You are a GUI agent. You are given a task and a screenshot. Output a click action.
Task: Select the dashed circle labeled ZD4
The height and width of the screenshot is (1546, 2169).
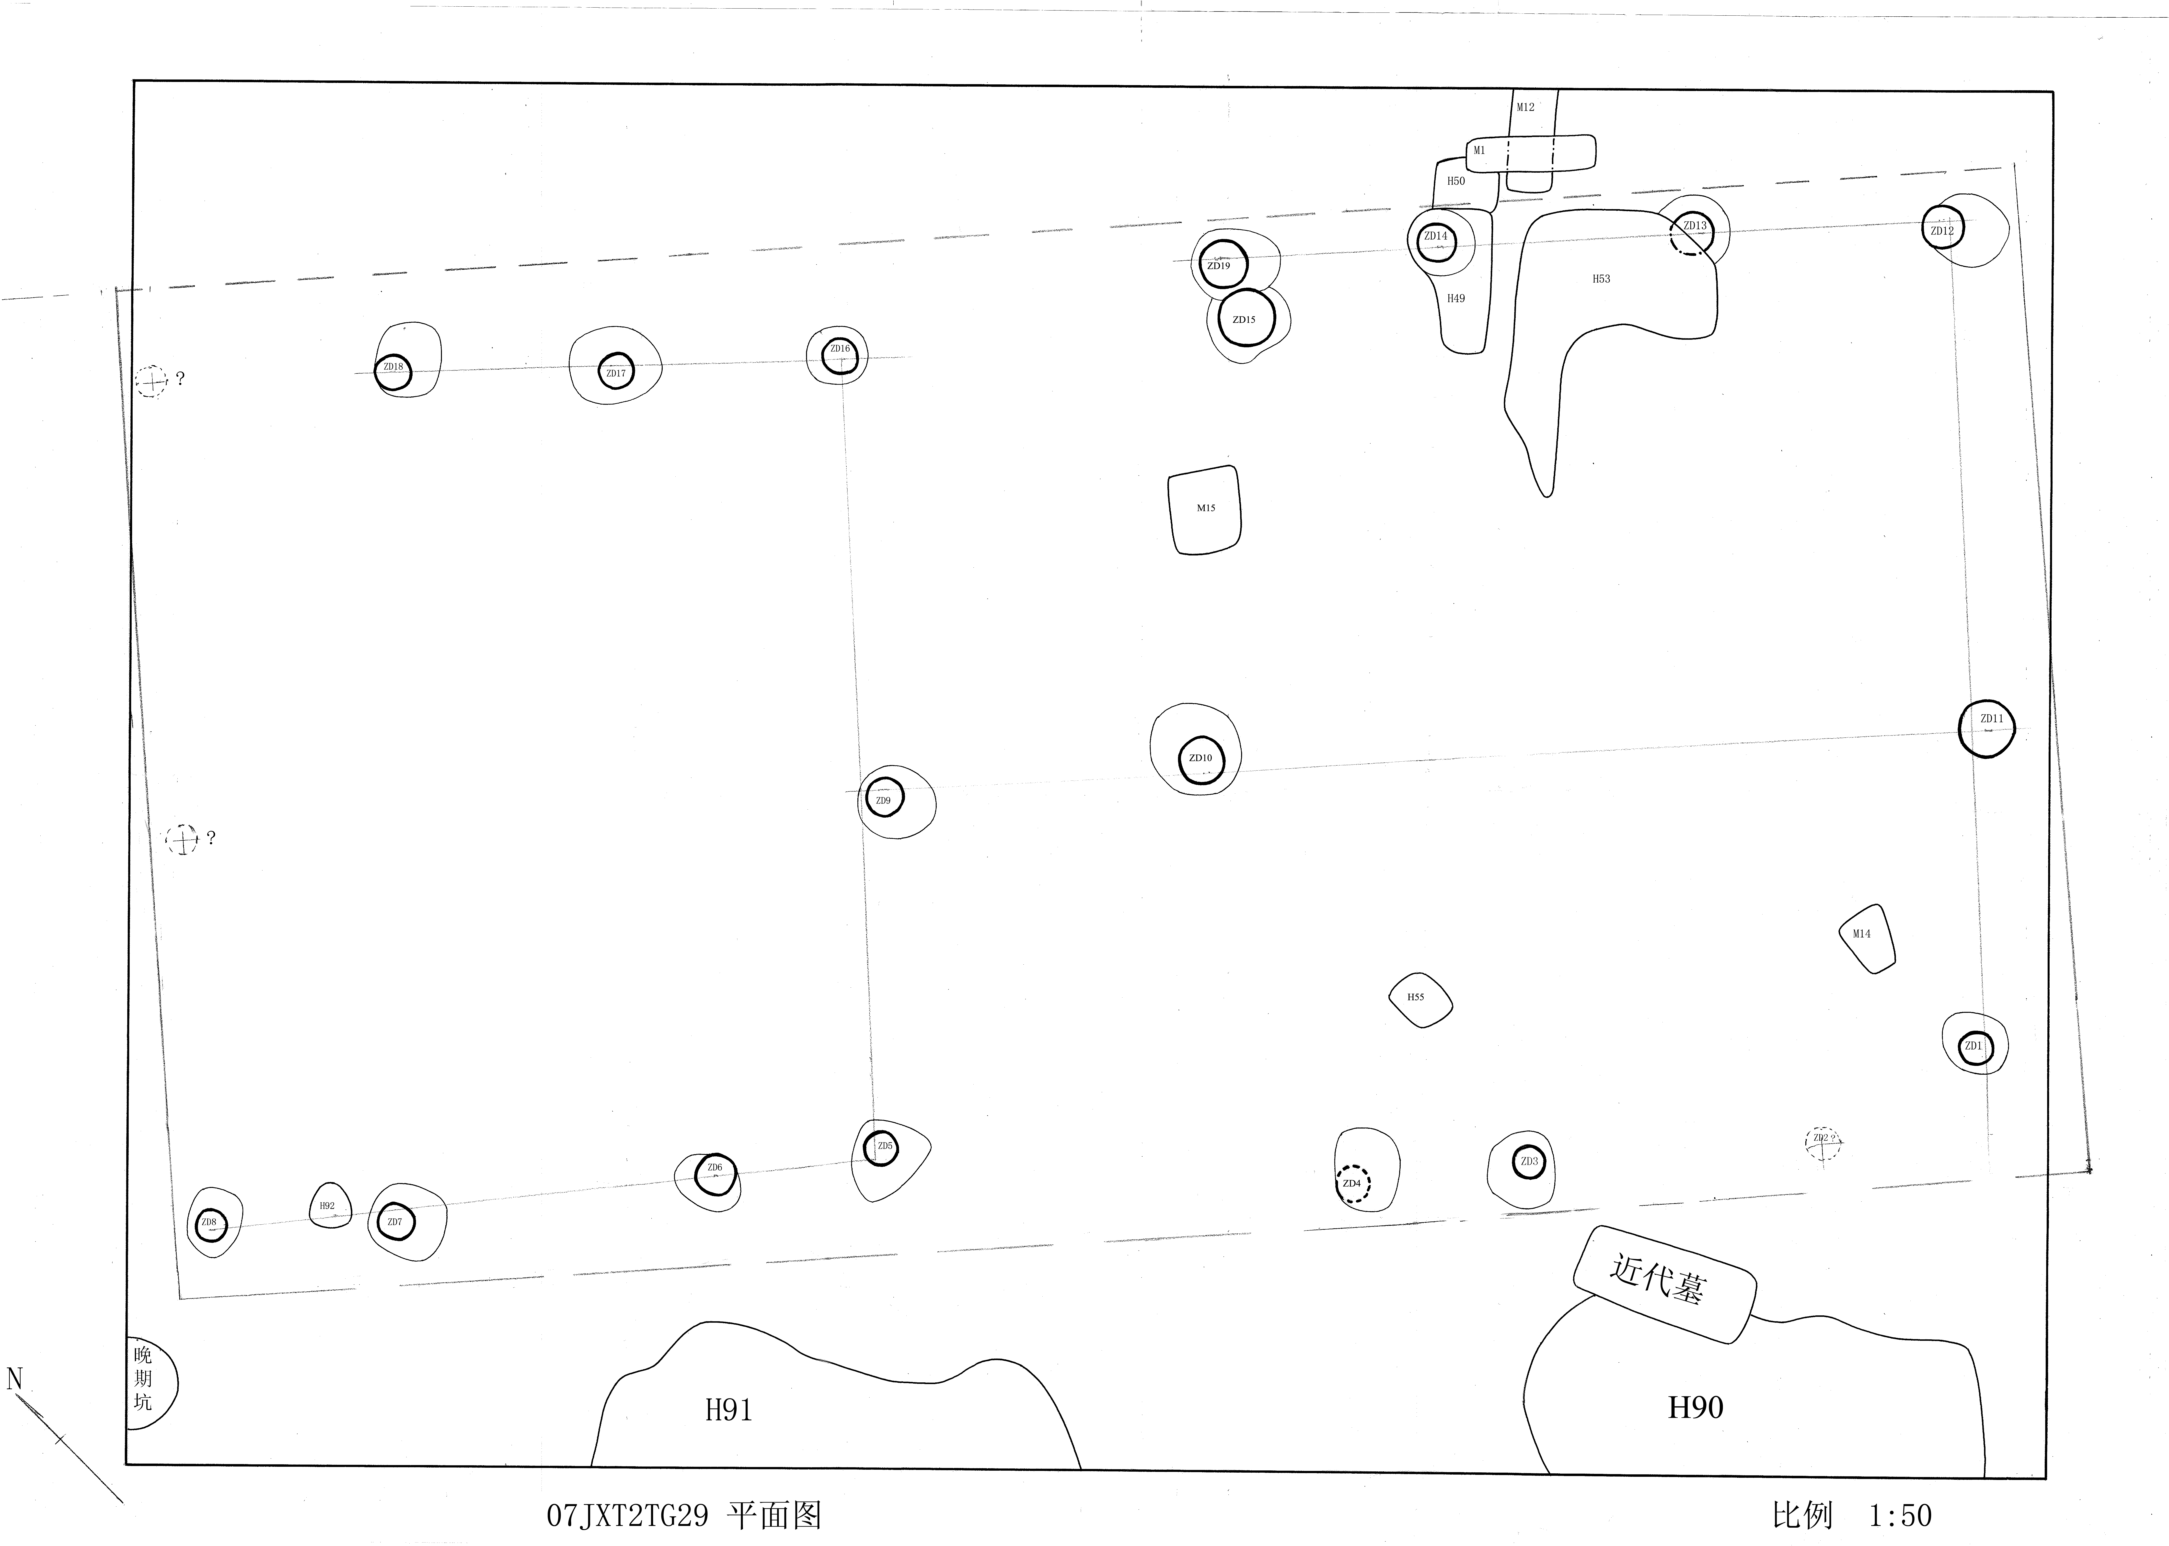pos(1353,1184)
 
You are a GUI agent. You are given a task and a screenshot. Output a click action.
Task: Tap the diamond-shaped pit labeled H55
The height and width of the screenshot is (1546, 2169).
pos(1420,1000)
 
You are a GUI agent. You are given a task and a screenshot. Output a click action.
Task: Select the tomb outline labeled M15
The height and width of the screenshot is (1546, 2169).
pos(1205,509)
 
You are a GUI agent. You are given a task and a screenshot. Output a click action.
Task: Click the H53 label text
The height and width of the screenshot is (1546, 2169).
pos(1602,279)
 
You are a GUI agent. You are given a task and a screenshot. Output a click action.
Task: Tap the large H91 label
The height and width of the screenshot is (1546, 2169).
pos(728,1410)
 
